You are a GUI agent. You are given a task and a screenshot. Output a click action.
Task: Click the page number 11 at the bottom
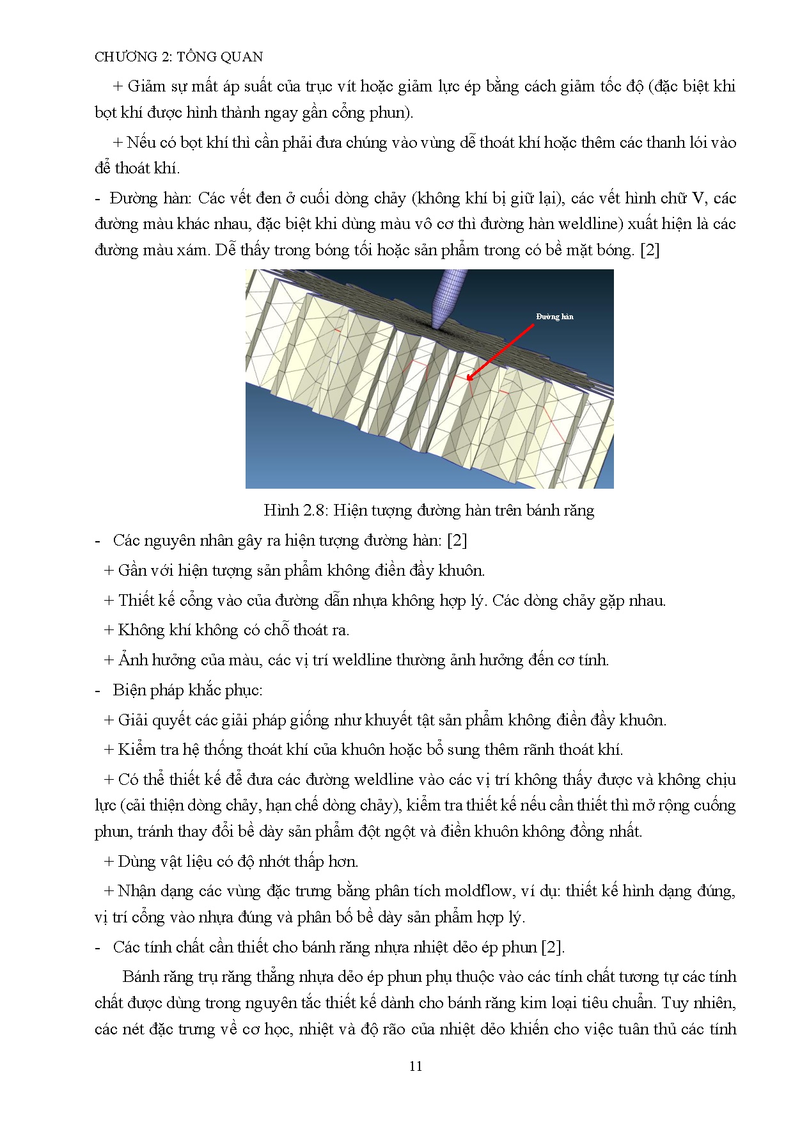pyautogui.click(x=415, y=1066)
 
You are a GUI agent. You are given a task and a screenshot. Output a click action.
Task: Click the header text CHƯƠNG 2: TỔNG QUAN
pyautogui.click(x=178, y=57)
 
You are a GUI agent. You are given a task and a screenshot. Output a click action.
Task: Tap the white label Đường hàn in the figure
pyautogui.click(x=554, y=317)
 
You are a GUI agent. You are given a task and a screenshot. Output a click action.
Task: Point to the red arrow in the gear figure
pyautogui.click(x=501, y=352)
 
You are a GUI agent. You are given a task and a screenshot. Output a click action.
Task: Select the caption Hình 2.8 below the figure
pyautogui.click(x=428, y=510)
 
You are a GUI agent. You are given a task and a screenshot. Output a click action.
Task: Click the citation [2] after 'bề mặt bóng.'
pyautogui.click(x=650, y=250)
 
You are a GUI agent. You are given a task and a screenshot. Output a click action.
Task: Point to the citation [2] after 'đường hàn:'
pyautogui.click(x=457, y=541)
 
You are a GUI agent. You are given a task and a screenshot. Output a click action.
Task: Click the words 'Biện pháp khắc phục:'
pyautogui.click(x=187, y=690)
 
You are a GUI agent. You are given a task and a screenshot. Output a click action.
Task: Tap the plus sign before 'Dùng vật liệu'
pyautogui.click(x=109, y=862)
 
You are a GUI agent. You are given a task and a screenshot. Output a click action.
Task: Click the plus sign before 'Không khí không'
pyautogui.click(x=109, y=630)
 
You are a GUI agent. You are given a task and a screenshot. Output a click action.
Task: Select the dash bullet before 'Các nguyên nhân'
pyautogui.click(x=98, y=541)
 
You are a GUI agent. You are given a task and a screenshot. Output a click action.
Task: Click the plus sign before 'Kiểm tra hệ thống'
pyautogui.click(x=109, y=750)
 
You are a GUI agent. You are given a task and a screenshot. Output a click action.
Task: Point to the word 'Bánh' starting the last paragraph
pyautogui.click(x=139, y=977)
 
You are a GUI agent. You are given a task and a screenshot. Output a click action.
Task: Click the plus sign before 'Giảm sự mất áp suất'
pyautogui.click(x=118, y=86)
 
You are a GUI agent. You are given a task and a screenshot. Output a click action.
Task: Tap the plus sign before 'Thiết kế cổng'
pyautogui.click(x=109, y=601)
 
